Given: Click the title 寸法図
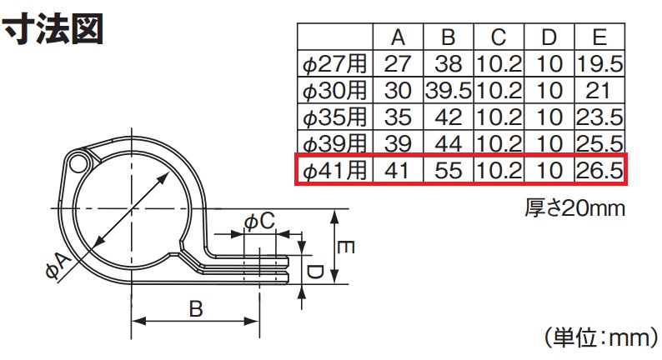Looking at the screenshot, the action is [x=53, y=28].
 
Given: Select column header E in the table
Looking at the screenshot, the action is [x=599, y=37].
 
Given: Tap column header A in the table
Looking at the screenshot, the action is [x=398, y=37].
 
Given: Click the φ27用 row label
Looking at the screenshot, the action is [x=335, y=64].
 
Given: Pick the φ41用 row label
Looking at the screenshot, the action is [x=335, y=171].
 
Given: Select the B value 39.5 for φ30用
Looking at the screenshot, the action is [x=448, y=91].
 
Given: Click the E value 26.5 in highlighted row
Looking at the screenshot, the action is [x=599, y=171].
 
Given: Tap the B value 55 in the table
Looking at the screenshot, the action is [x=448, y=171].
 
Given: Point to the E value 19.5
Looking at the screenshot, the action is [x=599, y=64].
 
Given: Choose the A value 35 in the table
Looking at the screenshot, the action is [x=398, y=117].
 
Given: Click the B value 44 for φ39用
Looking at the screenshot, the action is [x=448, y=144].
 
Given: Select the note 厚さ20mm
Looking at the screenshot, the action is [x=574, y=208].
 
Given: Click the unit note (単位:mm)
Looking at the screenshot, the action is [x=600, y=338].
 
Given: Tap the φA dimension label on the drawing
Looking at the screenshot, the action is [x=58, y=266].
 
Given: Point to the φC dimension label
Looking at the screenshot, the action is [x=259, y=221].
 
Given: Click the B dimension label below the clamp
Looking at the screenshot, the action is [x=195, y=309].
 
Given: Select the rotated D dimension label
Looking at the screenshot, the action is [x=315, y=272].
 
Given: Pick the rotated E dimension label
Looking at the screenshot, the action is [x=345, y=247].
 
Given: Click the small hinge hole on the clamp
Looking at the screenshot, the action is [x=78, y=163].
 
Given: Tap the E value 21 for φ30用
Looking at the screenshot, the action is [x=599, y=91].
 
